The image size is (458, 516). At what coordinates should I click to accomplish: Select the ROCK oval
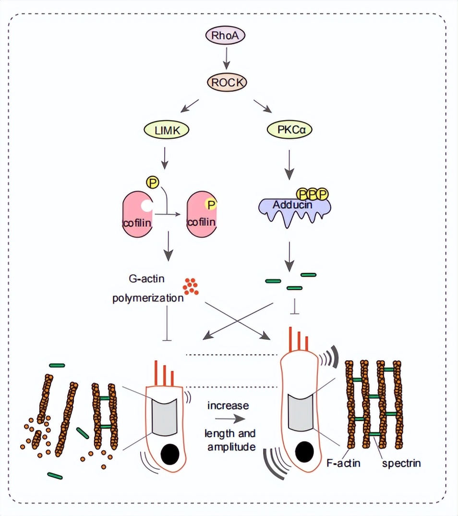pyautogui.click(x=227, y=83)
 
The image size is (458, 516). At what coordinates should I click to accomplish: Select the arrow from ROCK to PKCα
pyautogui.click(x=263, y=105)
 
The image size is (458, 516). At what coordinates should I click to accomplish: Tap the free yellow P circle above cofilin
pyautogui.click(x=153, y=182)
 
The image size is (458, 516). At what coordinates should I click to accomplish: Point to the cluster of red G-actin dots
pyautogui.click(x=191, y=286)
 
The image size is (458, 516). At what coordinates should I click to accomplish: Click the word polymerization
pyautogui.click(x=148, y=298)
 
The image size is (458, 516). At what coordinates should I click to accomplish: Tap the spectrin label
pyautogui.click(x=401, y=463)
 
